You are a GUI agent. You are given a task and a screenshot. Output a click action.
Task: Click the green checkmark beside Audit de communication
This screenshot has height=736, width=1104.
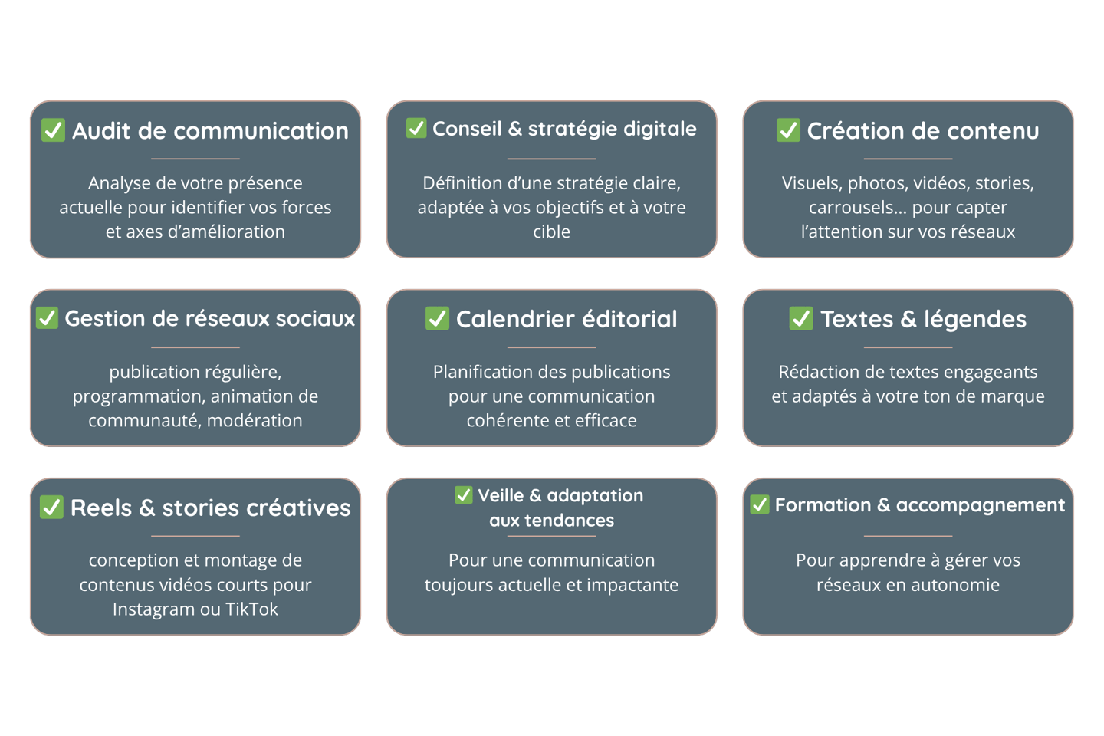tap(53, 130)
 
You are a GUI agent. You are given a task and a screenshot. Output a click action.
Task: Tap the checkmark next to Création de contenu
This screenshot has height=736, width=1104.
tap(788, 130)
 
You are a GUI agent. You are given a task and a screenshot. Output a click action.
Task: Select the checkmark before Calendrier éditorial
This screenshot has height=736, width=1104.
tap(437, 318)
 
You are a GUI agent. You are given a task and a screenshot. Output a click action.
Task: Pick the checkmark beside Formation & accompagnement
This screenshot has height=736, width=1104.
tap(759, 504)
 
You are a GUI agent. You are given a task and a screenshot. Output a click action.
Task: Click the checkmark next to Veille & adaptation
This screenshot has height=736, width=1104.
tap(463, 495)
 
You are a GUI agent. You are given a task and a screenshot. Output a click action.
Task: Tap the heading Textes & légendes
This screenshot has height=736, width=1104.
tap(923, 319)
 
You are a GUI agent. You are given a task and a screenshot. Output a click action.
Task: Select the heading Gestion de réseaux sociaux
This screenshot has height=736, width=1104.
tap(209, 318)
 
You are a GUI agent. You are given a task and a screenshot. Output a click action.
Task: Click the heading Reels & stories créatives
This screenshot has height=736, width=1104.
tap(210, 508)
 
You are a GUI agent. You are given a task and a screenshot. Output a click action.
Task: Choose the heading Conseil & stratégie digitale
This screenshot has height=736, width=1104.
tap(564, 129)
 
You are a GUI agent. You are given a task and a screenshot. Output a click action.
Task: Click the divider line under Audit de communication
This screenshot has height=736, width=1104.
tap(195, 159)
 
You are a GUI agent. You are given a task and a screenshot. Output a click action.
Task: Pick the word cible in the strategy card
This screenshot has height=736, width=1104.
tap(551, 232)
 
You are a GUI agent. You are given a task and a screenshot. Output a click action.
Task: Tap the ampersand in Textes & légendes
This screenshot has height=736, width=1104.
tap(908, 319)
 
